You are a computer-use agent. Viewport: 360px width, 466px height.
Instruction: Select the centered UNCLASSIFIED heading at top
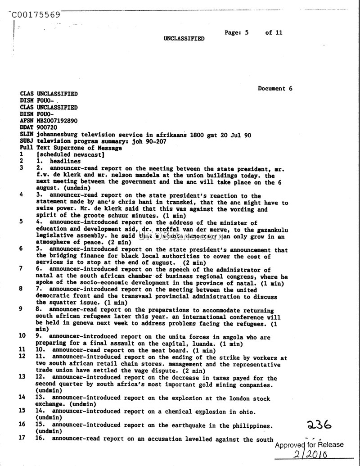(x=184, y=39)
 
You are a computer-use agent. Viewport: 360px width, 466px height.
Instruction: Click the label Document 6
(x=275, y=88)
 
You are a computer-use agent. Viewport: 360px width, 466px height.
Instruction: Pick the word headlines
(x=65, y=161)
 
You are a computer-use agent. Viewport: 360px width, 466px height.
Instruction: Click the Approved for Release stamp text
(x=309, y=445)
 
